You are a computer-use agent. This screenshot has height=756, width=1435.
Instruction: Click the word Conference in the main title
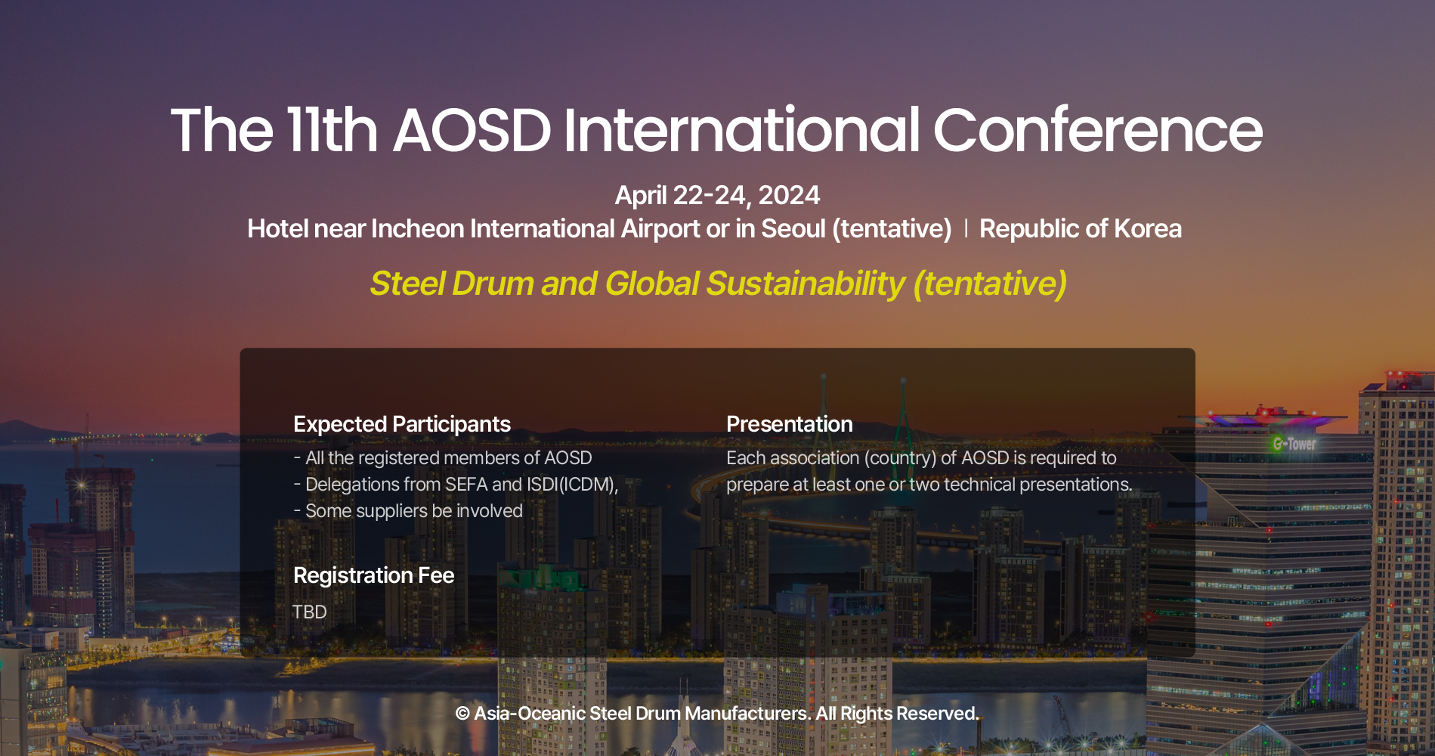tap(1097, 131)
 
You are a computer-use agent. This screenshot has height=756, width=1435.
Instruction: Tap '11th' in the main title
tap(332, 131)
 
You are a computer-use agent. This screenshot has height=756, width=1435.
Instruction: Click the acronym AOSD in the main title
tap(472, 131)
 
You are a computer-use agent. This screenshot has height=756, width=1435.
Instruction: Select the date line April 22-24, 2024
tap(717, 195)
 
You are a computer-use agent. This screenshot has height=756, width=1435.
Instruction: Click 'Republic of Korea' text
tap(1080, 228)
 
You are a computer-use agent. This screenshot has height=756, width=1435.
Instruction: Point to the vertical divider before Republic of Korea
tap(966, 228)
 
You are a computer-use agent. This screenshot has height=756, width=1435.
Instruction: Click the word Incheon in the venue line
tap(417, 228)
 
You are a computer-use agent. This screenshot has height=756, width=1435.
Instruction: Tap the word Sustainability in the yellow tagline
tap(805, 283)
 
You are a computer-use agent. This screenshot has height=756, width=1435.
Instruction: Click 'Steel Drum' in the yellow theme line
tap(452, 283)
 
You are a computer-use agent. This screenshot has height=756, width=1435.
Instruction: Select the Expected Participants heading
tap(401, 424)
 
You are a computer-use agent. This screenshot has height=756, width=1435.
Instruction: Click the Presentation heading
tap(789, 424)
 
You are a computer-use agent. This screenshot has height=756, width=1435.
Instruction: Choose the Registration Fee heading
tap(373, 575)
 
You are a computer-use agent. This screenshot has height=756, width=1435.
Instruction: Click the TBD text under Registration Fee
tap(309, 612)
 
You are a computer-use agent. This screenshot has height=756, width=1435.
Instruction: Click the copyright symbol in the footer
tap(462, 714)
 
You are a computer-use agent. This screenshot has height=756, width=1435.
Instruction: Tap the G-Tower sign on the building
tap(1294, 444)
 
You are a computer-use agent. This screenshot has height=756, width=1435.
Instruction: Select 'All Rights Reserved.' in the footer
tap(897, 714)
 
